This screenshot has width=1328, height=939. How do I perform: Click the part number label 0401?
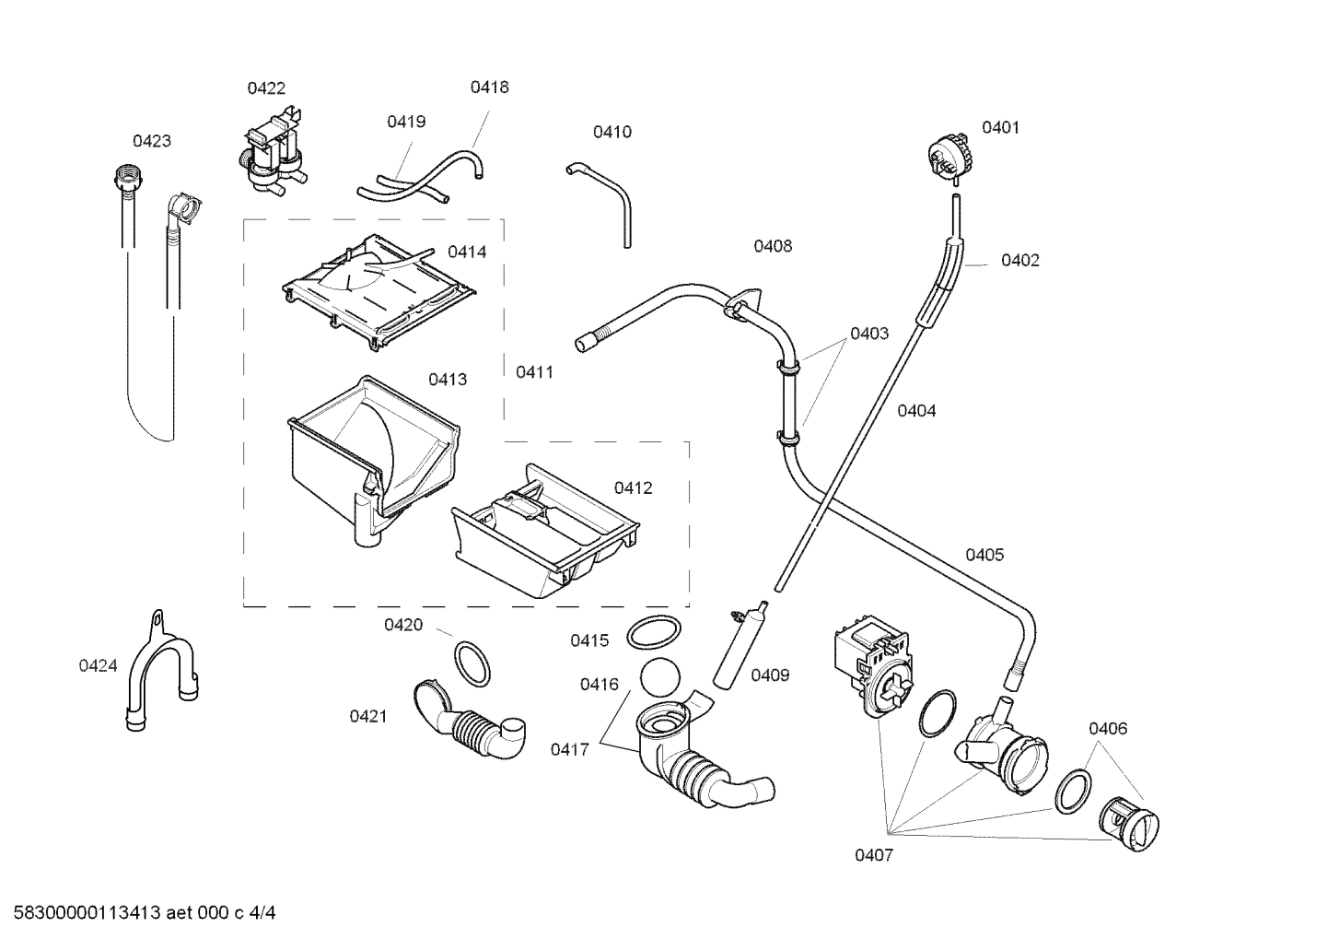click(x=1000, y=127)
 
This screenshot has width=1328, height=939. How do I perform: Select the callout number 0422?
click(x=266, y=88)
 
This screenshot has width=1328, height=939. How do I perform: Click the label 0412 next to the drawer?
click(x=633, y=487)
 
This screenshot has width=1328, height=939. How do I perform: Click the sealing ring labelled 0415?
click(x=654, y=634)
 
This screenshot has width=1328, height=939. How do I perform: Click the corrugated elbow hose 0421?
click(x=470, y=719)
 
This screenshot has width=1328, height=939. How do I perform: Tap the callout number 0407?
click(x=873, y=855)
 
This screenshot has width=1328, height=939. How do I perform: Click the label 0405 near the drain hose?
click(x=984, y=555)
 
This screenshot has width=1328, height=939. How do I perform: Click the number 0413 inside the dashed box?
click(x=447, y=380)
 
